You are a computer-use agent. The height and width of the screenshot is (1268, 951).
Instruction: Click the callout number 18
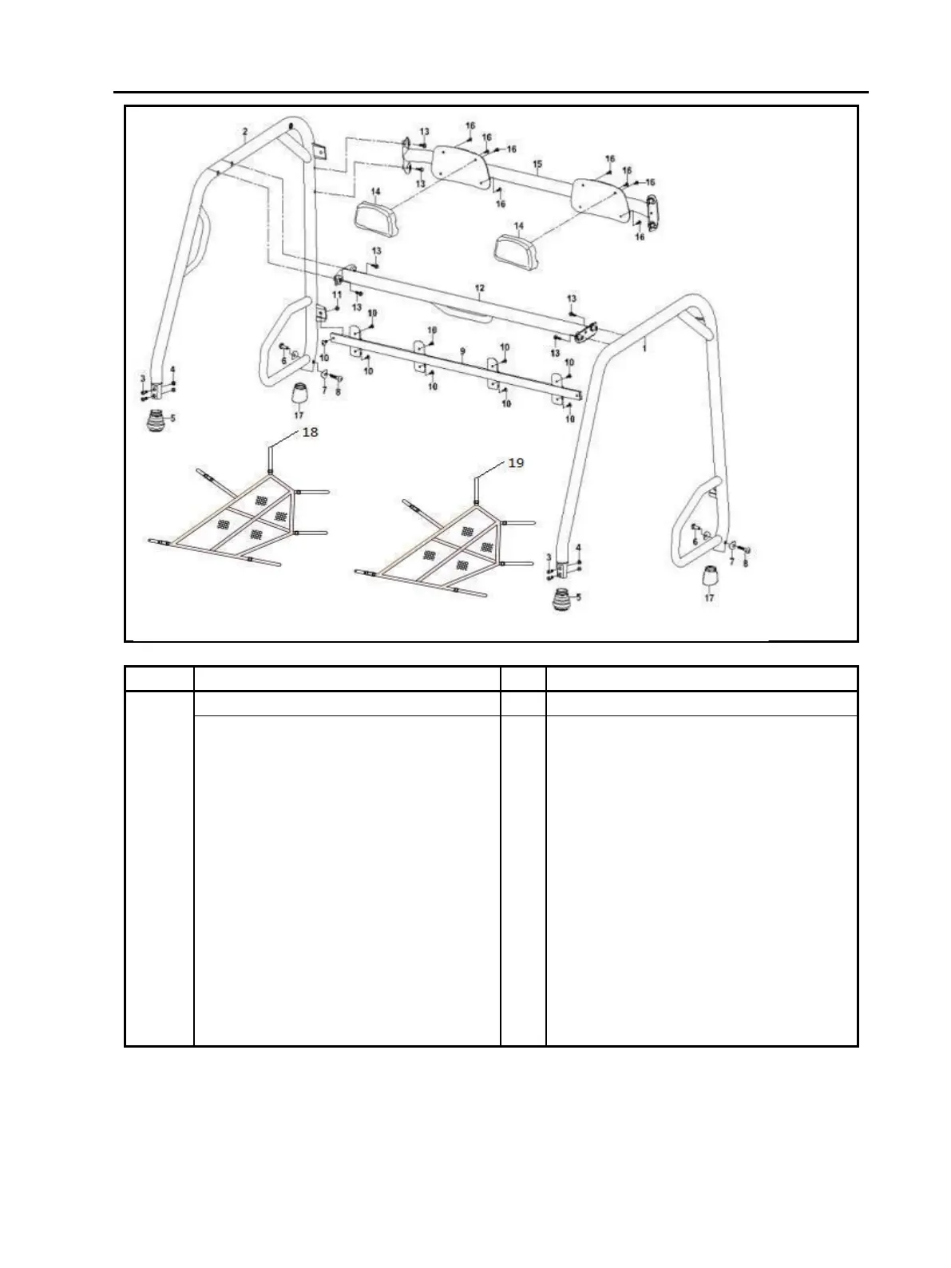click(x=308, y=432)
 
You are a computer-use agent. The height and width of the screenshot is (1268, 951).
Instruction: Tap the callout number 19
click(x=516, y=463)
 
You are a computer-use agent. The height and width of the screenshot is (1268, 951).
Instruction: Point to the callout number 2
click(x=245, y=131)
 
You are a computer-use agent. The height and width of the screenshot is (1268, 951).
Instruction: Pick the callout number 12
click(x=479, y=286)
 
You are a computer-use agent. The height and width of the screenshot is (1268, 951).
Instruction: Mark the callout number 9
click(x=462, y=351)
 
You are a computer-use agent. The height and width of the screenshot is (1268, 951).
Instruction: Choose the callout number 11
click(x=336, y=295)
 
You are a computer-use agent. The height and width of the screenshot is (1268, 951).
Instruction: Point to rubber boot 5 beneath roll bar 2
click(x=157, y=420)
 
